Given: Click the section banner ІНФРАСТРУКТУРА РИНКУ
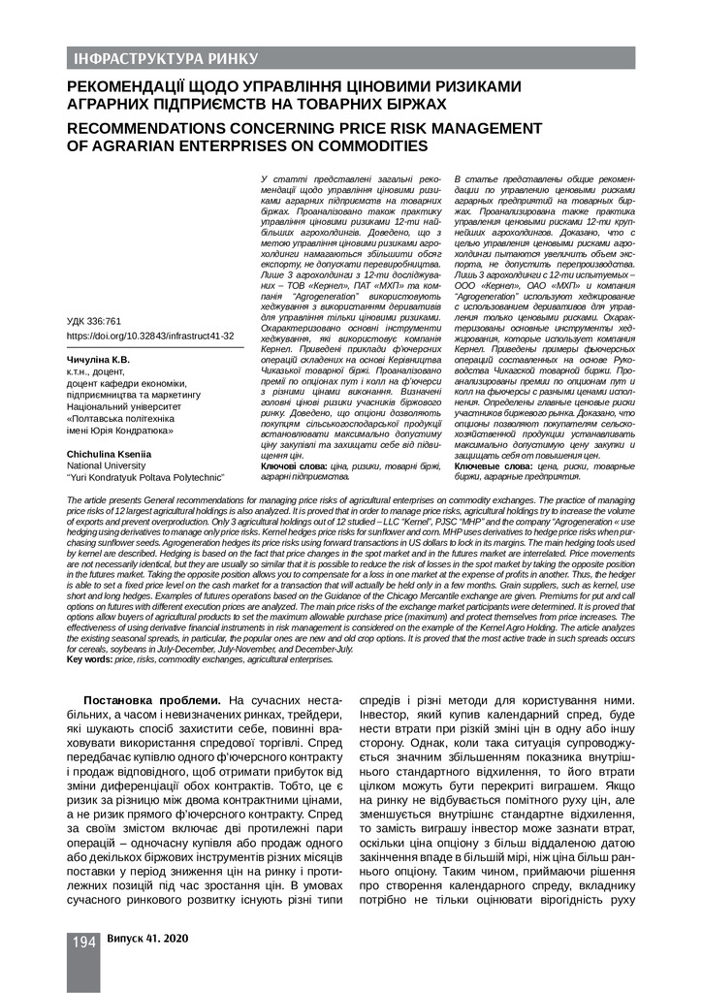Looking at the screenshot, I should pyautogui.click(x=166, y=58).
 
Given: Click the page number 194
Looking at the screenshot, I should pyautogui.click(x=83, y=942).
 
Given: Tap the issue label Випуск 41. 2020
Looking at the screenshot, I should pyautogui.click(x=147, y=940).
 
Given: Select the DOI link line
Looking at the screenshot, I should pyautogui.click(x=150, y=336).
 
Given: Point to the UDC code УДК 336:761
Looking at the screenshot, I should pyautogui.click(x=94, y=320).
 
